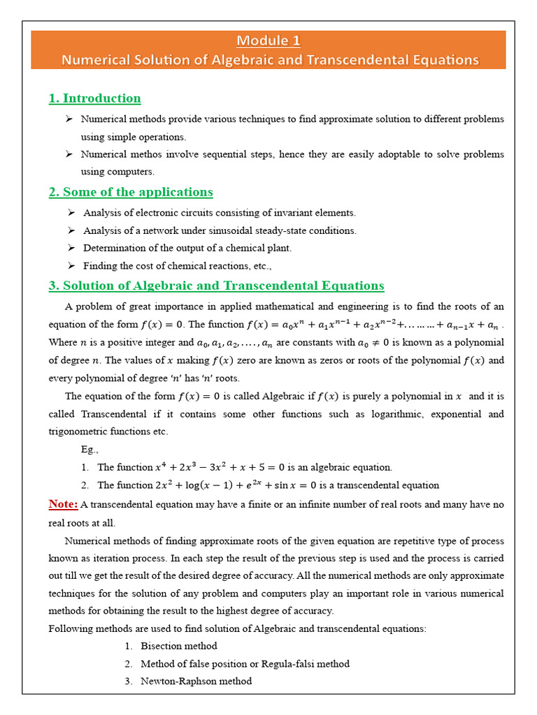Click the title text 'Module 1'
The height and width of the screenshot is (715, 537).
[268, 40]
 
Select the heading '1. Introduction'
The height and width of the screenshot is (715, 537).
[94, 98]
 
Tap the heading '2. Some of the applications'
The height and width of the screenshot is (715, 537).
[131, 192]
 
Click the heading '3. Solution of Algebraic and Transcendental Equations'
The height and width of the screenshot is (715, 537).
[216, 286]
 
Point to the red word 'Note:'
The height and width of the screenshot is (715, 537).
[63, 504]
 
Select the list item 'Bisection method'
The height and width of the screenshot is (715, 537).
[178, 646]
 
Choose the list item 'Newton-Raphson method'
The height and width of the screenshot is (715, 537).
[196, 681]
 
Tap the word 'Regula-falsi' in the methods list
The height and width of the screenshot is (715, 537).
[294, 663]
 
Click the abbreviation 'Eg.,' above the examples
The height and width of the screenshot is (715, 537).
[90, 450]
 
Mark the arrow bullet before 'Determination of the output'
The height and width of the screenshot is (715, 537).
[71, 248]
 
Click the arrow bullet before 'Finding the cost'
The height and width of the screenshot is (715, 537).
[71, 265]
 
